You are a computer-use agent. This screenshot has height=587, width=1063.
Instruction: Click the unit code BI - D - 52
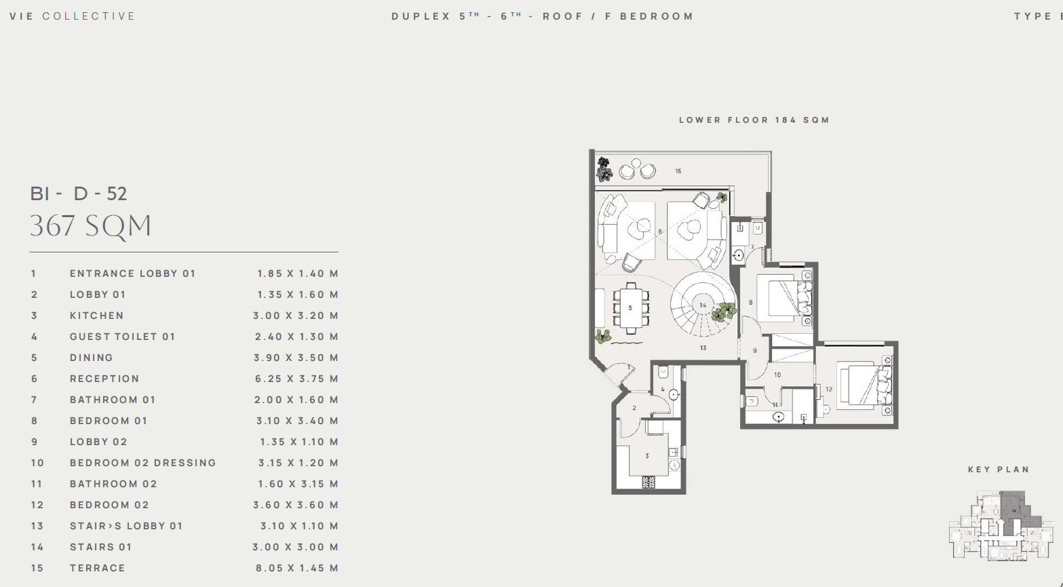(79, 193)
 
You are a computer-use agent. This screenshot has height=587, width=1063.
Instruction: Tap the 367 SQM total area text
(91, 226)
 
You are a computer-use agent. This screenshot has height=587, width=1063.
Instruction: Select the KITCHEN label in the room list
(97, 316)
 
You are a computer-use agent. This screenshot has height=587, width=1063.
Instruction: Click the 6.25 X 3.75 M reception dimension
(296, 379)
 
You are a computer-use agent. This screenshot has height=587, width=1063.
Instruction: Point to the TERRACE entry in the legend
(97, 568)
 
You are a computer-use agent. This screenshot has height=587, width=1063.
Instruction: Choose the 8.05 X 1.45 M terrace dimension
(297, 568)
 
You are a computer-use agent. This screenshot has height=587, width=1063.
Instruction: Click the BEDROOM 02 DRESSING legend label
(143, 463)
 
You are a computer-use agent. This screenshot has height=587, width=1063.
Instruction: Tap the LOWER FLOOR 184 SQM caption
(754, 120)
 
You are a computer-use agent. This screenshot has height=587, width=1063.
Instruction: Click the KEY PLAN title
(999, 470)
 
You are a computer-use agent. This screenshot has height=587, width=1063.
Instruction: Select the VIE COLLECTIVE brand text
(73, 16)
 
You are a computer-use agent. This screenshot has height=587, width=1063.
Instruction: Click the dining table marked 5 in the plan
(631, 308)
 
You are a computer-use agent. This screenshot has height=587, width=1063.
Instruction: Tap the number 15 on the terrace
(678, 171)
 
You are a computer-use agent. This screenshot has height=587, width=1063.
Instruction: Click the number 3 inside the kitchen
(646, 456)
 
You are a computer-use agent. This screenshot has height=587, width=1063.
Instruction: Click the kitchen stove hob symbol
(649, 482)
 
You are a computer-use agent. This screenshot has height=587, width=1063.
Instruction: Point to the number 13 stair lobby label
(703, 348)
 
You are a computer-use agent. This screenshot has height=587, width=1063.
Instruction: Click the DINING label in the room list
(92, 358)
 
